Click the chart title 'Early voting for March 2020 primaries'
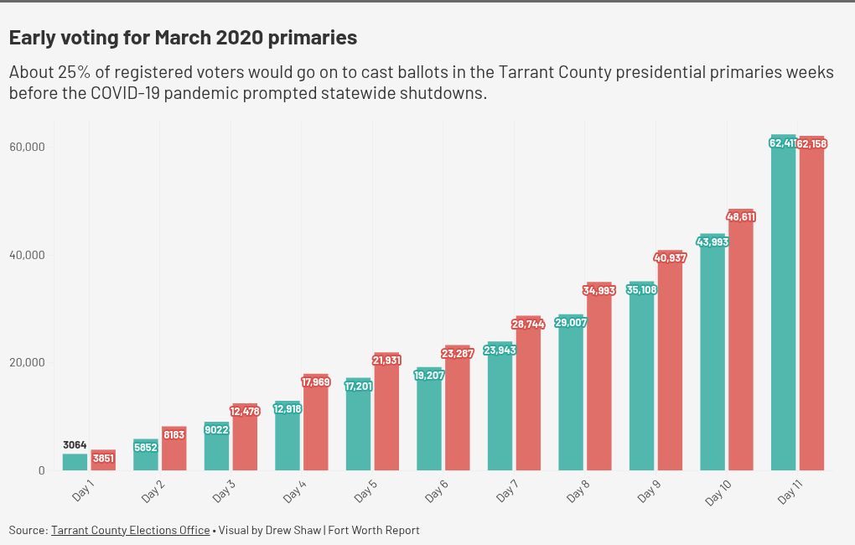pyautogui.click(x=183, y=38)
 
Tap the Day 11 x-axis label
pyautogui.click(x=791, y=491)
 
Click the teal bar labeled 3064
pyautogui.click(x=75, y=462)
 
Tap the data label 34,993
pyautogui.click(x=599, y=291)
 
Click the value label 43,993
pyautogui.click(x=712, y=242)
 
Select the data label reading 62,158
pyautogui.click(x=812, y=144)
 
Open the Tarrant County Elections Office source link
pyautogui.click(x=130, y=530)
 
